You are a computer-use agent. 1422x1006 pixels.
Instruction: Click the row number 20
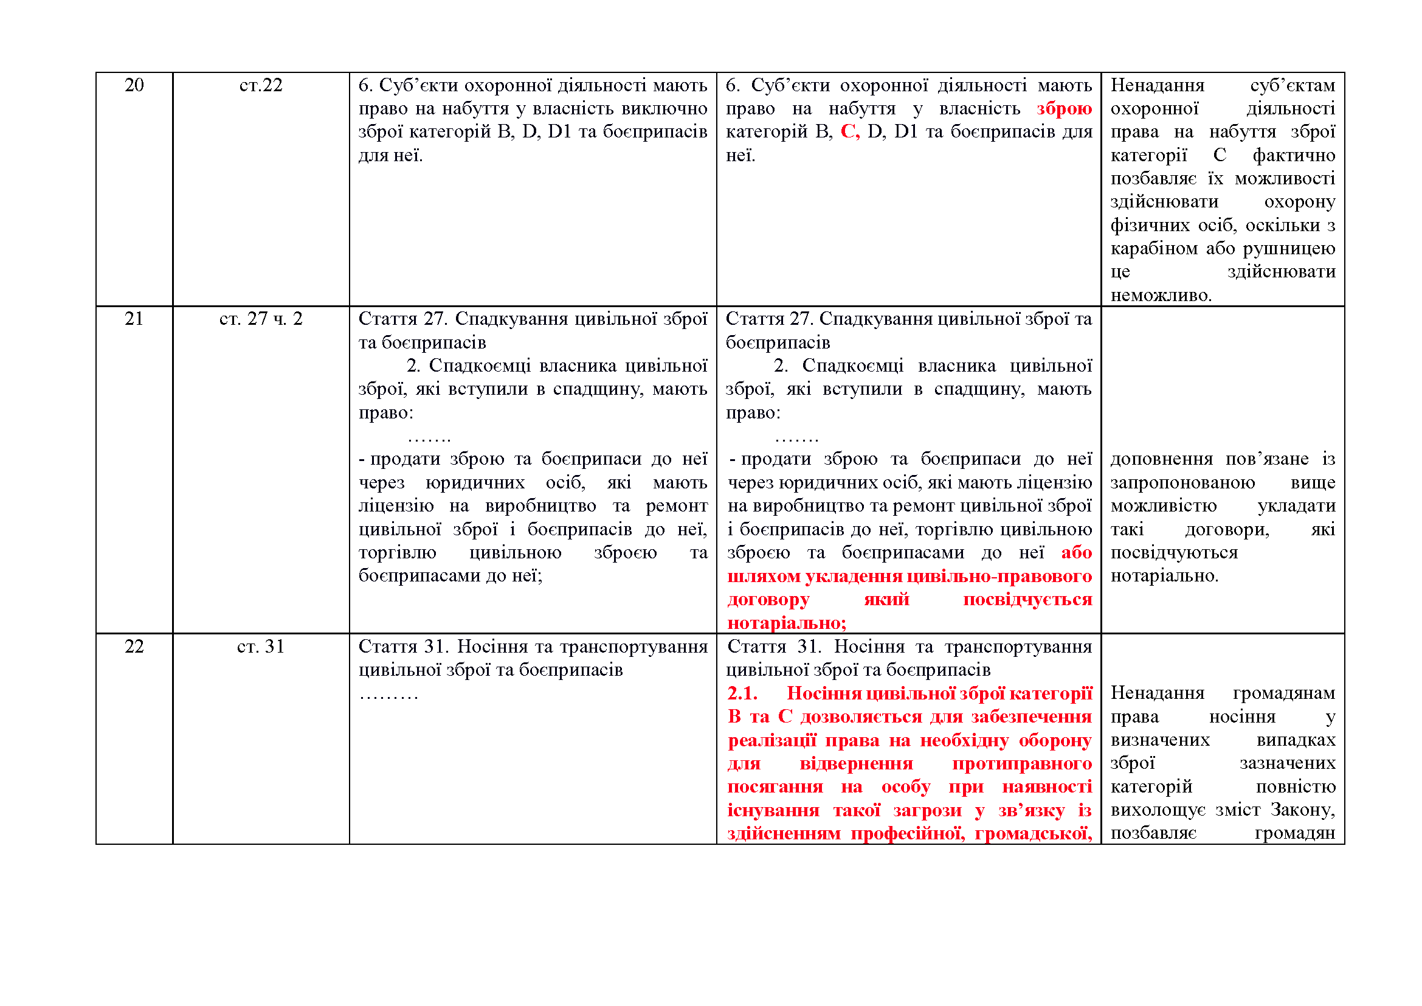pyautogui.click(x=134, y=85)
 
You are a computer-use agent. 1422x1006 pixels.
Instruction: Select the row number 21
pyautogui.click(x=134, y=318)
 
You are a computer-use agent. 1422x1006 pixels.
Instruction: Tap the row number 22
pyautogui.click(x=134, y=646)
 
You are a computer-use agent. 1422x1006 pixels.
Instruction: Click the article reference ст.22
pyautogui.click(x=261, y=85)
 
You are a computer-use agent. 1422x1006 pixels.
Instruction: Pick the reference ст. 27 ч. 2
pyautogui.click(x=261, y=318)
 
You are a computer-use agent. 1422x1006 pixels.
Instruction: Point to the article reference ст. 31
pyautogui.click(x=261, y=646)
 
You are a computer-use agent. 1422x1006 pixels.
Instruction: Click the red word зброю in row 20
pyautogui.click(x=1064, y=108)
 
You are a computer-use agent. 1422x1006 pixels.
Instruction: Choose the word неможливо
pyautogui.click(x=1160, y=295)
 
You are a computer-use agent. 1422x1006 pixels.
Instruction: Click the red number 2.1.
pyautogui.click(x=742, y=693)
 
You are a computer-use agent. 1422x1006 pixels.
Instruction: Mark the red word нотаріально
pyautogui.click(x=786, y=623)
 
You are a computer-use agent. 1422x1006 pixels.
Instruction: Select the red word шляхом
pyautogui.click(x=763, y=576)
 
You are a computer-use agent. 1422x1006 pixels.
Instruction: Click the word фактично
pyautogui.click(x=1294, y=155)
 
